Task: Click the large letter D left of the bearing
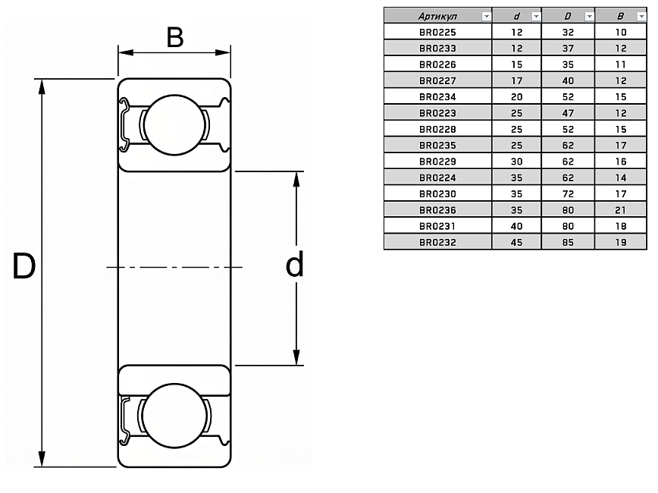tap(23, 266)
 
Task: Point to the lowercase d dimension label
tap(294, 265)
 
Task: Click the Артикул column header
tap(432, 15)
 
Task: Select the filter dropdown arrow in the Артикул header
tap(486, 16)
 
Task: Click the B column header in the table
tap(621, 15)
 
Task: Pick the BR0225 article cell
tap(437, 32)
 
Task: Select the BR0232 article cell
tap(437, 242)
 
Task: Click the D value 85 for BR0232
tap(568, 242)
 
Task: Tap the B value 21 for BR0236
tap(621, 209)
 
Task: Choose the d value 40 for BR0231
tap(516, 226)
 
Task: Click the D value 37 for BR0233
tap(568, 48)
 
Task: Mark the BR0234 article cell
tap(437, 96)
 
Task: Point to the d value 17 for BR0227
tap(516, 80)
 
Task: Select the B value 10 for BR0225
tap(621, 32)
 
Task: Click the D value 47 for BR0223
tap(568, 113)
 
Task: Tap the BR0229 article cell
tap(437, 162)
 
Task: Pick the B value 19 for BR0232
tap(621, 242)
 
